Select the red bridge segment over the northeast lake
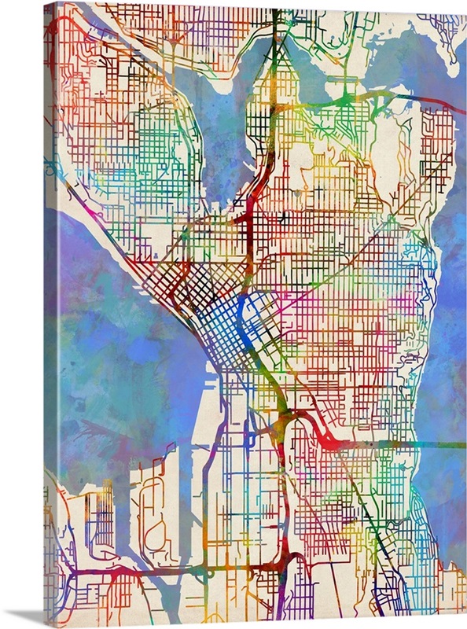pyautogui.click(x=440, y=101)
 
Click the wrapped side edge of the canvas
pyautogui.click(x=50, y=314)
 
